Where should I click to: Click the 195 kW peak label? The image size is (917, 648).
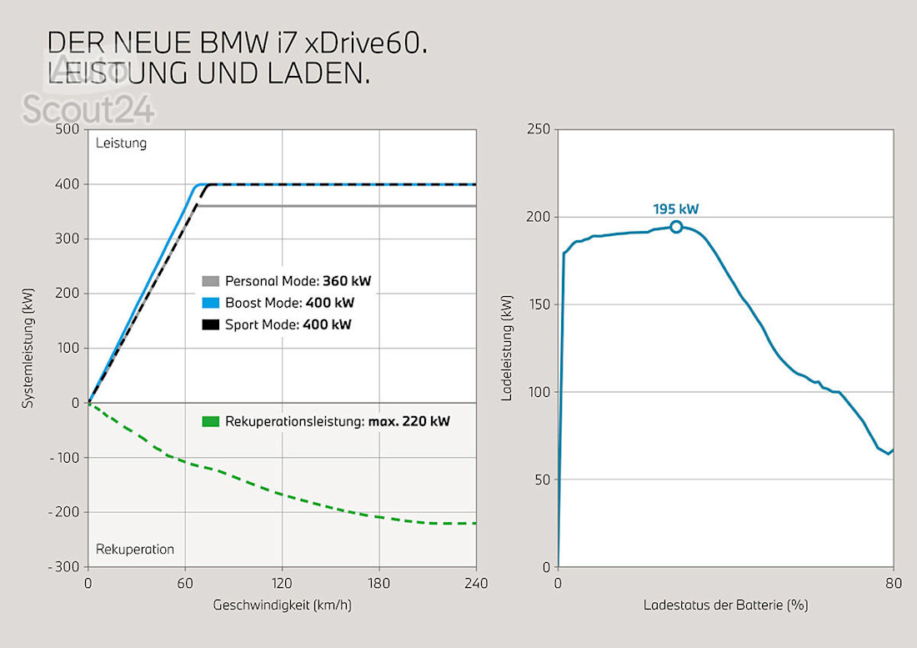[x=675, y=209]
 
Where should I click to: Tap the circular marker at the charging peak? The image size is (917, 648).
[x=676, y=227]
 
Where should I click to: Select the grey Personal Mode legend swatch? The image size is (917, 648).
[x=210, y=281]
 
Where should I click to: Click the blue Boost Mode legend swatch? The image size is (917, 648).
[x=210, y=303]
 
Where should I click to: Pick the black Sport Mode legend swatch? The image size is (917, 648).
[x=210, y=324]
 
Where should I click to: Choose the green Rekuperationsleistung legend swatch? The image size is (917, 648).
[x=210, y=422]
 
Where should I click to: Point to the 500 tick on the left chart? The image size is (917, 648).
[x=66, y=129]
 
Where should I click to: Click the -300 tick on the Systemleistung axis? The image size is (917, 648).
[x=63, y=567]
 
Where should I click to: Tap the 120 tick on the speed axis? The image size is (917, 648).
[x=282, y=583]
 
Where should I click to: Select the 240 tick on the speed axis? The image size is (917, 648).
[x=476, y=583]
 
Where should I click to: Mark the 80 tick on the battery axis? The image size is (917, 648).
[x=893, y=583]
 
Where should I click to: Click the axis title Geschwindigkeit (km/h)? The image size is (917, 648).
[x=283, y=605]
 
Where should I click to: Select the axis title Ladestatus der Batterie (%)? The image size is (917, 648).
[x=725, y=605]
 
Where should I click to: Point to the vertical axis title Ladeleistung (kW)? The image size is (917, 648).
[x=507, y=349]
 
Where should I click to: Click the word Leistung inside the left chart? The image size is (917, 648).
[x=121, y=143]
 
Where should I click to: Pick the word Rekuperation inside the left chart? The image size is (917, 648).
[x=135, y=549]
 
